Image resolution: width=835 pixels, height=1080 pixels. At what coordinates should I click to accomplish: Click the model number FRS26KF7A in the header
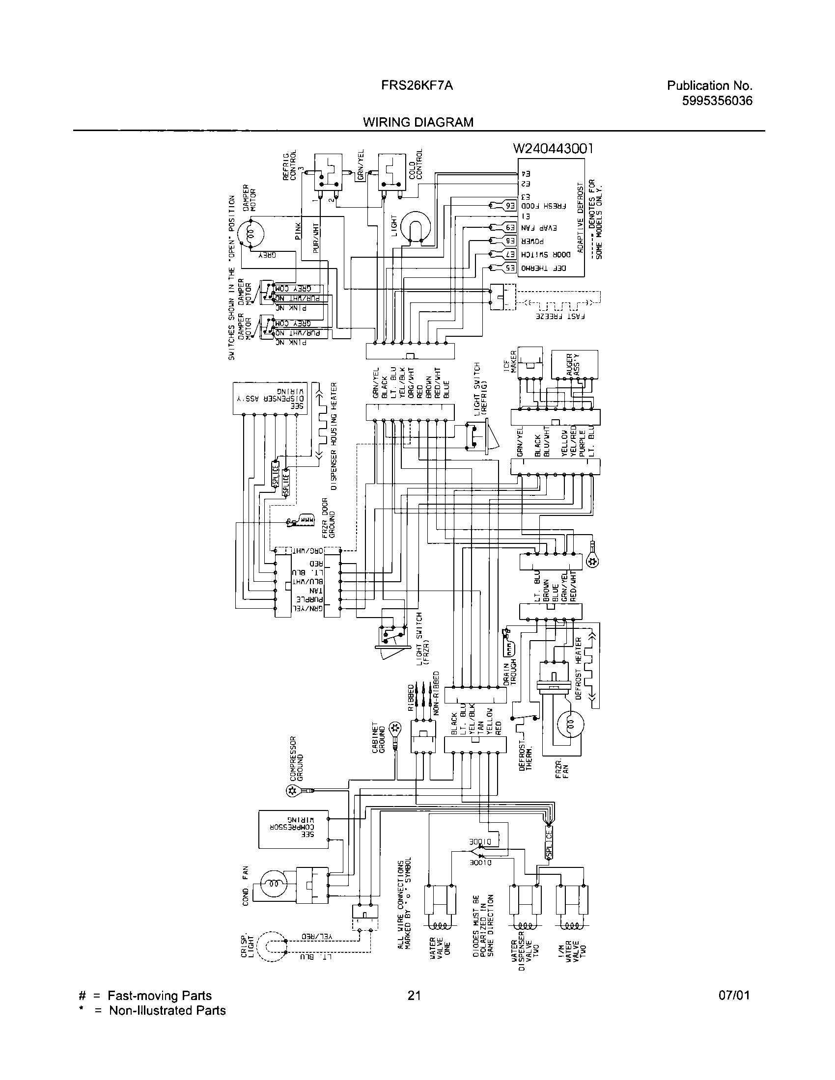417,85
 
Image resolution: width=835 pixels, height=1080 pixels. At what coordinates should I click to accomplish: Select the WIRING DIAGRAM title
418,122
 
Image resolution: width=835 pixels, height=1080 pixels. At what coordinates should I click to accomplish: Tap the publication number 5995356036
717,101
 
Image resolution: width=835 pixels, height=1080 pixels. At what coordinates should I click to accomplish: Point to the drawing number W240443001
553,148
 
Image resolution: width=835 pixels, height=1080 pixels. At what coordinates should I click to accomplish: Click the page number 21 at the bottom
414,996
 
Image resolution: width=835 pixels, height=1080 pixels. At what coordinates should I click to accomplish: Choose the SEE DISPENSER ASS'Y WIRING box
270,398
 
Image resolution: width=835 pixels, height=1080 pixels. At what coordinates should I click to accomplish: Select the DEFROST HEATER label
579,668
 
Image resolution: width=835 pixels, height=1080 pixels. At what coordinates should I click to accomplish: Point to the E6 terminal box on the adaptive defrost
510,205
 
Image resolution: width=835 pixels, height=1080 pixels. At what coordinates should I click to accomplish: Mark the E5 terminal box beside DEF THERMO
510,268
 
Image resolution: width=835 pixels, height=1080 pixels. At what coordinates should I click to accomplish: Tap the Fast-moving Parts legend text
159,996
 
